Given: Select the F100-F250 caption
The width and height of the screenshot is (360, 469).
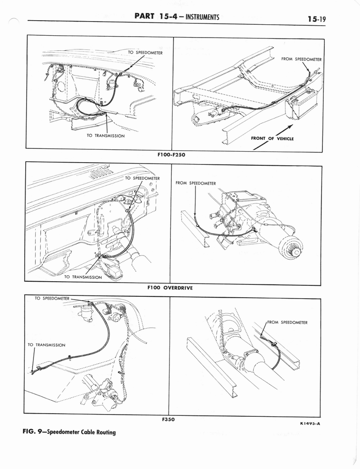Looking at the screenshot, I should pyautogui.click(x=171, y=155).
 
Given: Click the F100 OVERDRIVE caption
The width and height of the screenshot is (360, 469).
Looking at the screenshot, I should pyautogui.click(x=170, y=288).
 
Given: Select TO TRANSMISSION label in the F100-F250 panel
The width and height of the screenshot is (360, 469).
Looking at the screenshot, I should pyautogui.click(x=106, y=136).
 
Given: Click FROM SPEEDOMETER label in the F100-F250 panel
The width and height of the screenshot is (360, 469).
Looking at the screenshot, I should pyautogui.click(x=301, y=59).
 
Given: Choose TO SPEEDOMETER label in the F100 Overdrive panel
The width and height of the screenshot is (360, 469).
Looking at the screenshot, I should pyautogui.click(x=142, y=178).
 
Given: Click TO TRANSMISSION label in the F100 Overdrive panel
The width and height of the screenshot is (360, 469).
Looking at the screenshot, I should pyautogui.click(x=83, y=277).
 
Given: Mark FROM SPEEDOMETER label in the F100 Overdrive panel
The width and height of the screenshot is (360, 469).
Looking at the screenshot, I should pyautogui.click(x=196, y=183).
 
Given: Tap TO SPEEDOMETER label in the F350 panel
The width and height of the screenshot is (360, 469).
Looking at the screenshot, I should pyautogui.click(x=52, y=298).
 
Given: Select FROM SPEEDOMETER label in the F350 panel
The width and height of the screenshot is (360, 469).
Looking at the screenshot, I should pyautogui.click(x=287, y=322).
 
